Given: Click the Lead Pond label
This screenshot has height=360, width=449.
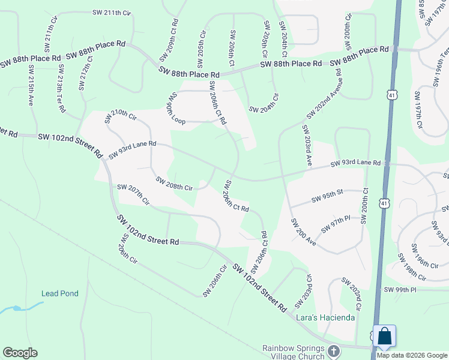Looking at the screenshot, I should (59, 293).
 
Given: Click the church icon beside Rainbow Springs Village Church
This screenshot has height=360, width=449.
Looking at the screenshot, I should (335, 350).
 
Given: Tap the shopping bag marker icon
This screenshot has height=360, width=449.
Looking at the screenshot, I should (384, 336).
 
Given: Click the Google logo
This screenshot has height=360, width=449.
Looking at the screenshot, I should (20, 353).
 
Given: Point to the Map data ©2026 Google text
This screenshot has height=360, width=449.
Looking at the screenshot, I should (411, 355).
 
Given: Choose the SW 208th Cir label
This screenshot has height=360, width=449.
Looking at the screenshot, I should (174, 184).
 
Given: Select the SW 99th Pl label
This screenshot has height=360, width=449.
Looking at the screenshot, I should (409, 290).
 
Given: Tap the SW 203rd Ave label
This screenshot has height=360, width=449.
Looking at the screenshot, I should (307, 145).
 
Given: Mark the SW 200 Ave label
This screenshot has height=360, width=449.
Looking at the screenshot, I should (303, 231).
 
